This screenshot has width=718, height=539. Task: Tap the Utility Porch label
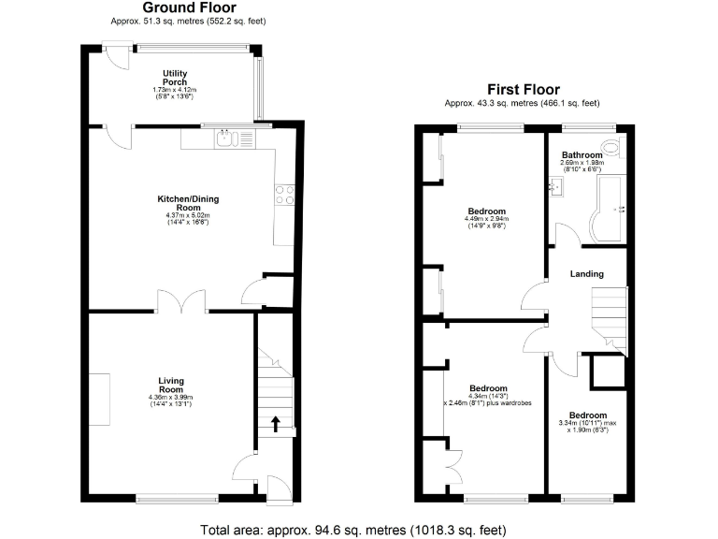point(175,77)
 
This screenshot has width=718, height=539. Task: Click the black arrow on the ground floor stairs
point(277,424)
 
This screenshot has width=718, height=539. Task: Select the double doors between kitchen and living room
point(181,301)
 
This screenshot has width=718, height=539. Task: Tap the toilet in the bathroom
point(611,146)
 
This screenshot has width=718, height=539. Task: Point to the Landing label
point(587,274)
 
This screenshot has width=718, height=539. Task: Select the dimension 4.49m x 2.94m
point(488,220)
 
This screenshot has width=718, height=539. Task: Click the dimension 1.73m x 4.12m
point(175,90)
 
